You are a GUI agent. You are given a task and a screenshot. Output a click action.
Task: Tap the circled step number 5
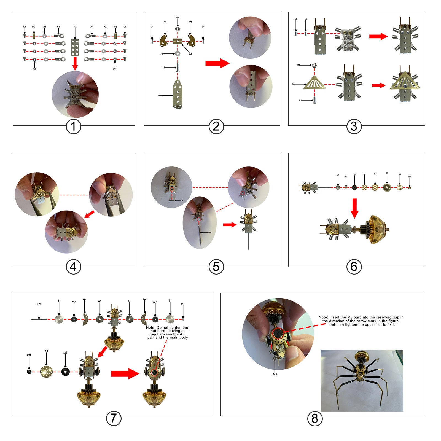click(x=216, y=267)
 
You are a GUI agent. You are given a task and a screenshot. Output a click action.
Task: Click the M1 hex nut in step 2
click(x=178, y=28)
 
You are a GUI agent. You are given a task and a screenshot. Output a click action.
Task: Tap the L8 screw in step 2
click(x=178, y=68)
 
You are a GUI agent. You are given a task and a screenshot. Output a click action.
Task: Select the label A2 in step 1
click(x=75, y=27)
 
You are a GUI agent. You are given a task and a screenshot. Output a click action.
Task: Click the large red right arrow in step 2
click(x=217, y=63)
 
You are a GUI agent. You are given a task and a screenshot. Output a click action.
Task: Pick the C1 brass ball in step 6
click(x=387, y=188)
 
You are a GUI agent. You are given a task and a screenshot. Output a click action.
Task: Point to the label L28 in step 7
click(x=39, y=304)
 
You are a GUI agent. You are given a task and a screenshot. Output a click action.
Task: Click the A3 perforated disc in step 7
click(x=46, y=372)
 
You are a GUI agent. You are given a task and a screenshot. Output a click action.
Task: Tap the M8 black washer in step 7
click(x=65, y=372)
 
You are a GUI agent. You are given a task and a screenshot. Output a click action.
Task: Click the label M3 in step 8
click(x=275, y=374)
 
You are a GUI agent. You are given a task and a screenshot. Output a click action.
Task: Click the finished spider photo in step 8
click(x=362, y=380)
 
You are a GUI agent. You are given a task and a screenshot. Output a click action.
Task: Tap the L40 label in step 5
click(x=209, y=232)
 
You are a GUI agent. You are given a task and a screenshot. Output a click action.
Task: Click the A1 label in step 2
click(x=190, y=54)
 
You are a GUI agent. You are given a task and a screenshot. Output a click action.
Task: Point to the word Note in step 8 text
click(x=323, y=317)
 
